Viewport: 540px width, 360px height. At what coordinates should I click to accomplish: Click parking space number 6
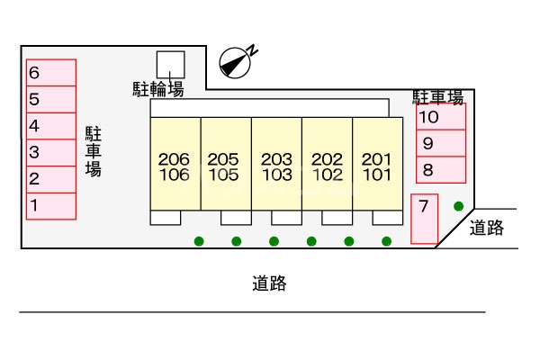point(50,73)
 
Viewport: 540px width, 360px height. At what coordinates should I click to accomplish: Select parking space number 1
point(50,206)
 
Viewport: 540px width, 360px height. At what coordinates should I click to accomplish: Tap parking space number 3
point(50,153)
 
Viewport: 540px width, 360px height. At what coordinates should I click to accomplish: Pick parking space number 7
point(424,219)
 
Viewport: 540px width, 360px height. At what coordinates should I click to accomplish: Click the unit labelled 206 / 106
point(175,166)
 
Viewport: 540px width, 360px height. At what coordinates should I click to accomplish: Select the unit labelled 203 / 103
point(276,166)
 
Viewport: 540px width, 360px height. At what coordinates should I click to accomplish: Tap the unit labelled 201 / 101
point(376,166)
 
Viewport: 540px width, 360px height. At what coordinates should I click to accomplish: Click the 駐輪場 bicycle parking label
point(158,88)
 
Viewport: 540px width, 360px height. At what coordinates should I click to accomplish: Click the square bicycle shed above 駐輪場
point(170,64)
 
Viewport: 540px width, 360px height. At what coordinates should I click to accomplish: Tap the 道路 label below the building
point(269,283)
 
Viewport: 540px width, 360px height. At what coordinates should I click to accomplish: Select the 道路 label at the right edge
point(487,229)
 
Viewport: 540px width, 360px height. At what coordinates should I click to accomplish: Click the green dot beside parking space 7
point(459,205)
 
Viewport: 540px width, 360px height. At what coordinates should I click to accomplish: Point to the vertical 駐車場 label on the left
point(93,151)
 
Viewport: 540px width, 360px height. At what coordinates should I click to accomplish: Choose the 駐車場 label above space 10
point(438,95)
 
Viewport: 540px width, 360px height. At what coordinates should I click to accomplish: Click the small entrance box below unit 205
point(236,217)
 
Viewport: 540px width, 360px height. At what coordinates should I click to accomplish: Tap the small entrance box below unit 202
point(337,217)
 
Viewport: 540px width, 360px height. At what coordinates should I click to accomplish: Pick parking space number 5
point(50,100)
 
